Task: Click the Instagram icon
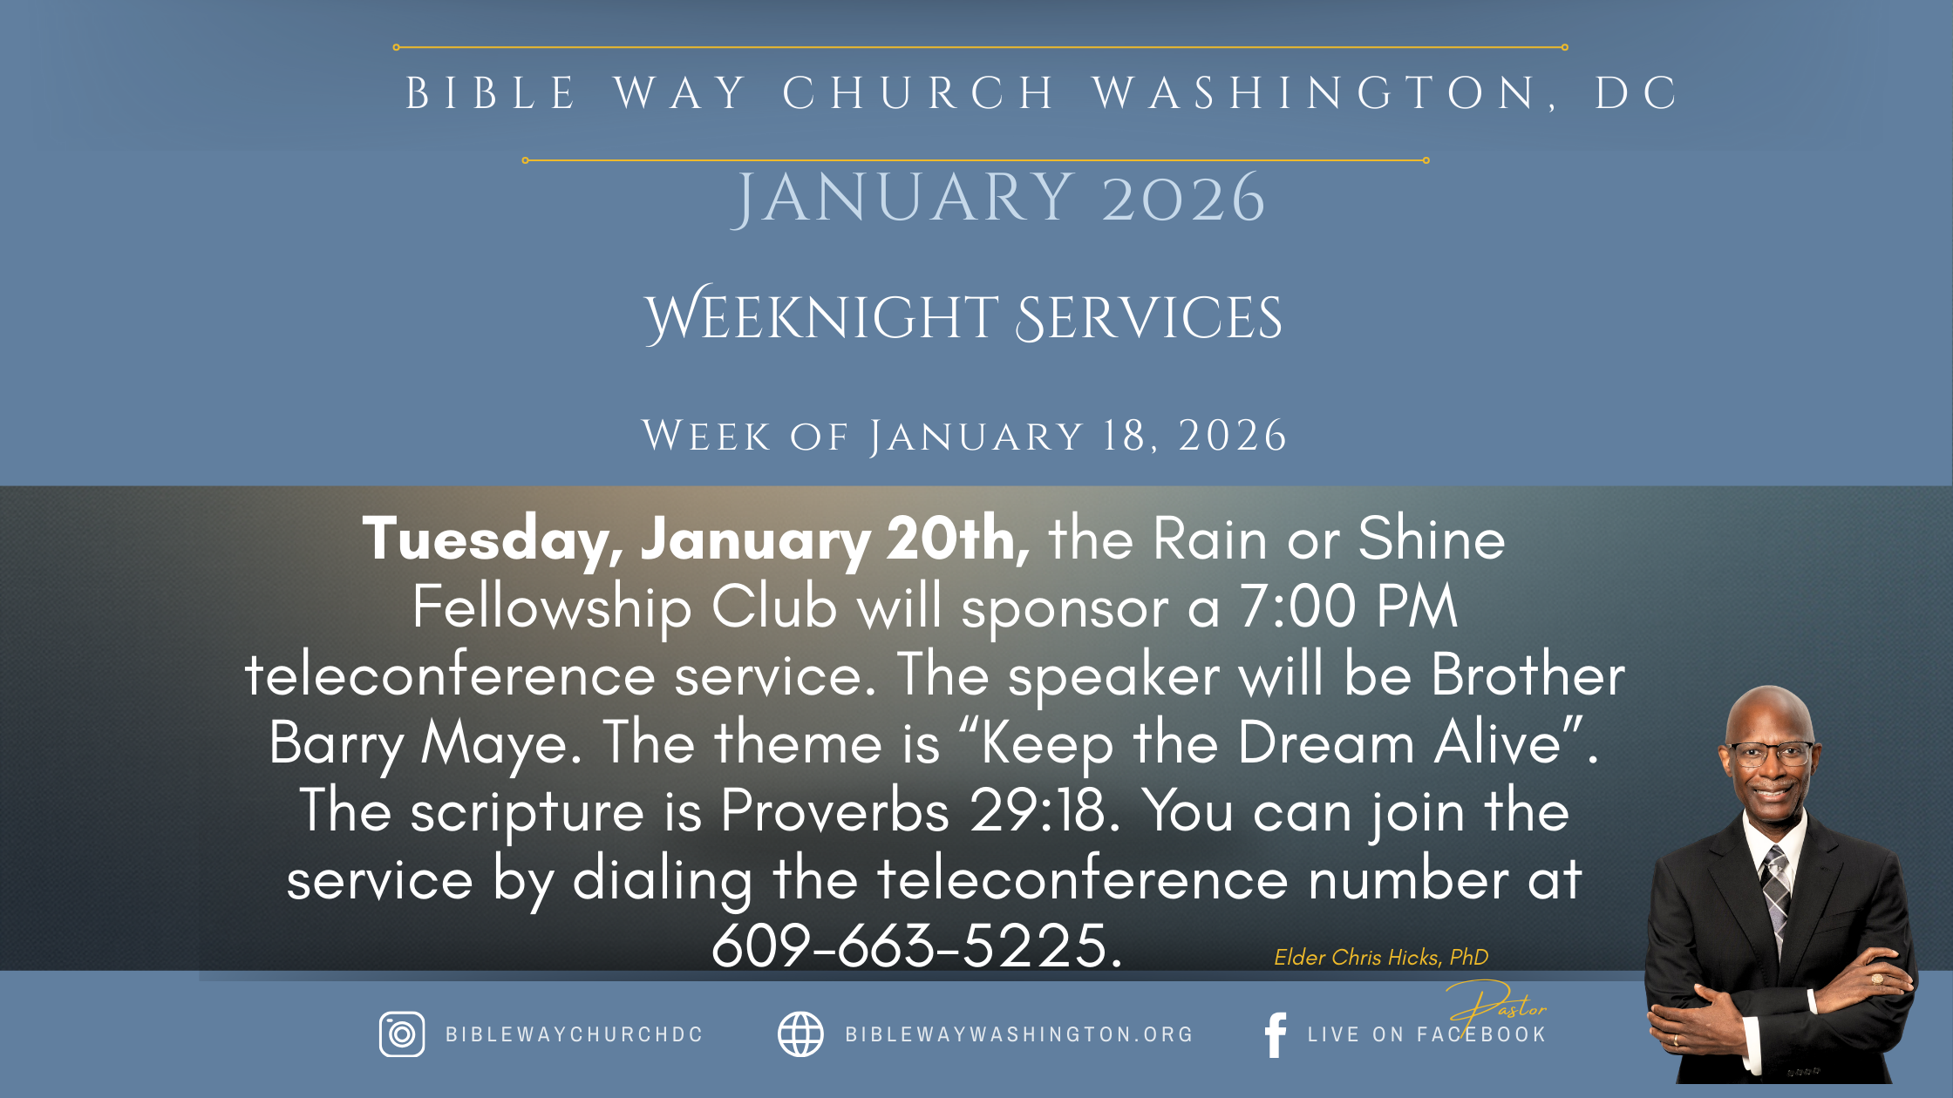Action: [x=402, y=1034]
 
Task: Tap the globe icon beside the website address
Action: [x=800, y=1034]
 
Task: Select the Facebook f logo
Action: [x=1276, y=1035]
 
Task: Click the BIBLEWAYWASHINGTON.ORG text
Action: [x=1019, y=1034]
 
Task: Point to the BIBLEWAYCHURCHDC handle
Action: [x=575, y=1034]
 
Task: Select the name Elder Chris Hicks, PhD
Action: [x=1381, y=957]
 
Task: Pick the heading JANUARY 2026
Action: [x=998, y=199]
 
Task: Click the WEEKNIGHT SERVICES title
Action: [x=963, y=315]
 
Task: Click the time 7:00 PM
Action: [x=1349, y=607]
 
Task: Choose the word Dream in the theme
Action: [x=1326, y=743]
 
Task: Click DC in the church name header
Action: [x=1636, y=93]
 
